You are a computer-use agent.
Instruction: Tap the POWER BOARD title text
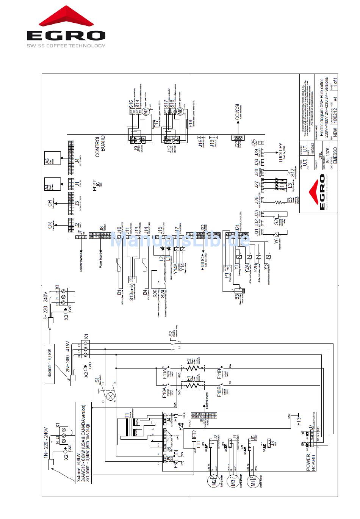point(311,462)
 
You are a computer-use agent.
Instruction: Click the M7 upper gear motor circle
point(144,111)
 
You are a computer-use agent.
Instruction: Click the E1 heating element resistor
point(193,386)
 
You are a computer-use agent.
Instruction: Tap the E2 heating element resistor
point(193,367)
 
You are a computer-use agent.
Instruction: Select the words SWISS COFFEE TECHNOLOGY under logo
point(66,45)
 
